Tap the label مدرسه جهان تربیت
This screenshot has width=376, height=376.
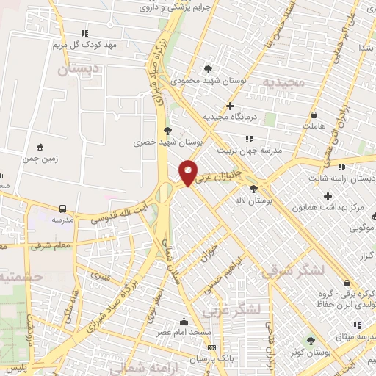pos(263,148)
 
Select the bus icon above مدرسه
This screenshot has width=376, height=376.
pos(62,209)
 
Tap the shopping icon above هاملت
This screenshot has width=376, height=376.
pos(314,115)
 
